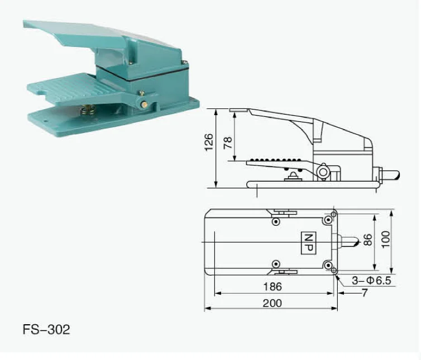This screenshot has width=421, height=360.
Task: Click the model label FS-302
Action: click(x=46, y=329)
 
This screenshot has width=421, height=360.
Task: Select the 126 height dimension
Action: click(x=209, y=142)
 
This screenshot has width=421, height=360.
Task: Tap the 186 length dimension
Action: click(x=272, y=287)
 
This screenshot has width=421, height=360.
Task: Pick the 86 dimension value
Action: click(x=367, y=240)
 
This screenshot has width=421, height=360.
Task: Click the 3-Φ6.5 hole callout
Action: click(x=371, y=280)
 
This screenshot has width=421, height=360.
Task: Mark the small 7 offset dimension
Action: click(x=364, y=292)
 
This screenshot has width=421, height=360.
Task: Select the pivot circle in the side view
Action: click(x=323, y=172)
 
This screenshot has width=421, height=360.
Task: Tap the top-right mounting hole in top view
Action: click(x=333, y=215)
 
